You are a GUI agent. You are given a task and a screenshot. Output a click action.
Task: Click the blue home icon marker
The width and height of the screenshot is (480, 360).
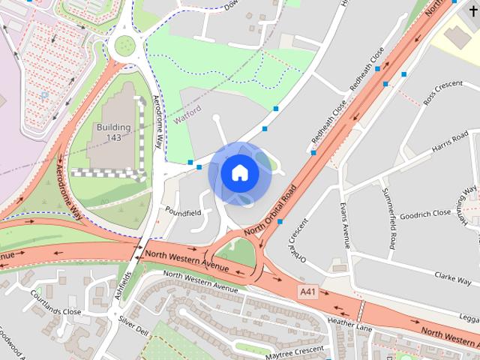239,173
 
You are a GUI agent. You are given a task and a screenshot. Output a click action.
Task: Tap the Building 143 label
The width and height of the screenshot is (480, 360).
113,132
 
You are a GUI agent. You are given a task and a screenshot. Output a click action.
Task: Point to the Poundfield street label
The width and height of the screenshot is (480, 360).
183,213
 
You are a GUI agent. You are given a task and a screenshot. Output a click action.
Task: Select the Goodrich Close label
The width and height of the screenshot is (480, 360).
426,213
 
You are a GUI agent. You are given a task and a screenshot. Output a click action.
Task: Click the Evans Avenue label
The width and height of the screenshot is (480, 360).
344,224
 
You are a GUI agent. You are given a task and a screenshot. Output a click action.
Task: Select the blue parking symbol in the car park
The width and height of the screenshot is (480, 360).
44,95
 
